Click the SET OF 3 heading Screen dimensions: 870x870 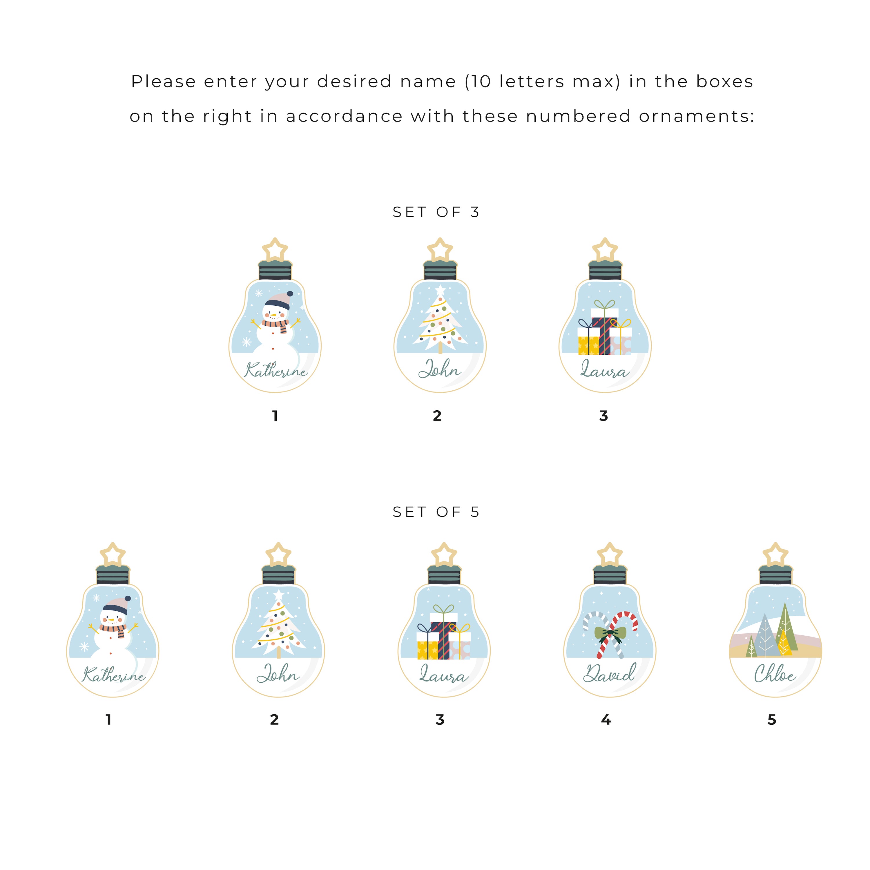click(x=436, y=212)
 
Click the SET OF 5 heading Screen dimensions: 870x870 click(x=436, y=512)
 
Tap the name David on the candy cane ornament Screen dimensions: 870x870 click(x=609, y=673)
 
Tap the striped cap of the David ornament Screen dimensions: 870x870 click(x=610, y=574)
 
